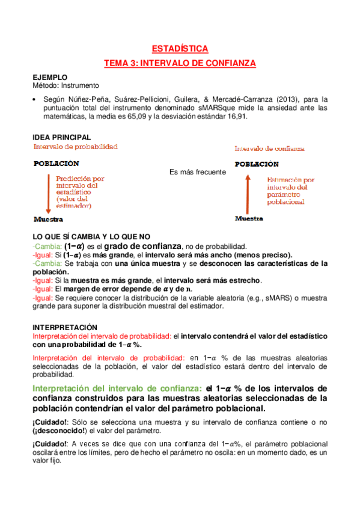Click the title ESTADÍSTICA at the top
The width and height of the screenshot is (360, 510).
(180, 49)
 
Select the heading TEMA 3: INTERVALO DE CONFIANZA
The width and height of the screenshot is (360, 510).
(180, 63)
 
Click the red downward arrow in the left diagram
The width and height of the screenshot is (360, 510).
(47, 192)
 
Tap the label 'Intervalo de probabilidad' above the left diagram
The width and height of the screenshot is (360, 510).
(75, 147)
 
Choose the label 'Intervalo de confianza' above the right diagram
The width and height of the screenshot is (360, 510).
(269, 149)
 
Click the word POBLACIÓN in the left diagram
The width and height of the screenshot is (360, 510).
(56, 163)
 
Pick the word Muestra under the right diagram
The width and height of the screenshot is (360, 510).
(249, 219)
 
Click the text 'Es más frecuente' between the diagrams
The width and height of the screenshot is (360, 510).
(197, 172)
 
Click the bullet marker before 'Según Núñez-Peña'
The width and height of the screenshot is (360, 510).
(35, 99)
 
